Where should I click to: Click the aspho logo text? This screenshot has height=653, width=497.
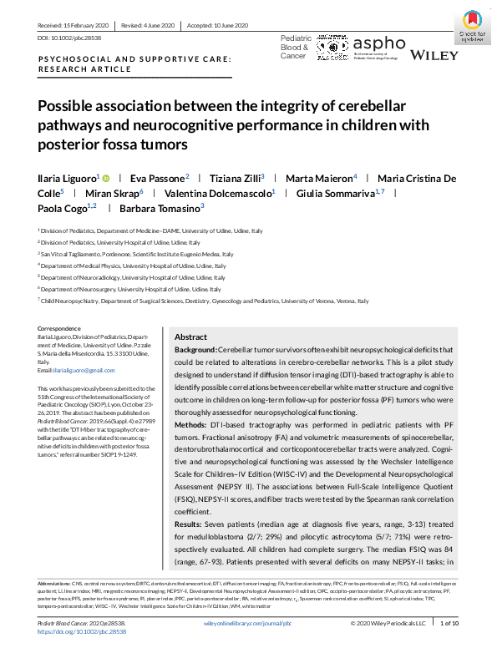click(380, 45)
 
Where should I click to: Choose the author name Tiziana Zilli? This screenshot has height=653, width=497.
click(236, 178)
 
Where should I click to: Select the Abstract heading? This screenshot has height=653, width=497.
click(190, 336)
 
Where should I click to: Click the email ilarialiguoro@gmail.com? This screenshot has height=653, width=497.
click(77, 369)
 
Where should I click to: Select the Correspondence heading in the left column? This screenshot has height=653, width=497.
click(59, 329)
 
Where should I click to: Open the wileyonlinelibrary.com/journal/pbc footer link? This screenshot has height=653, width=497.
click(247, 623)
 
